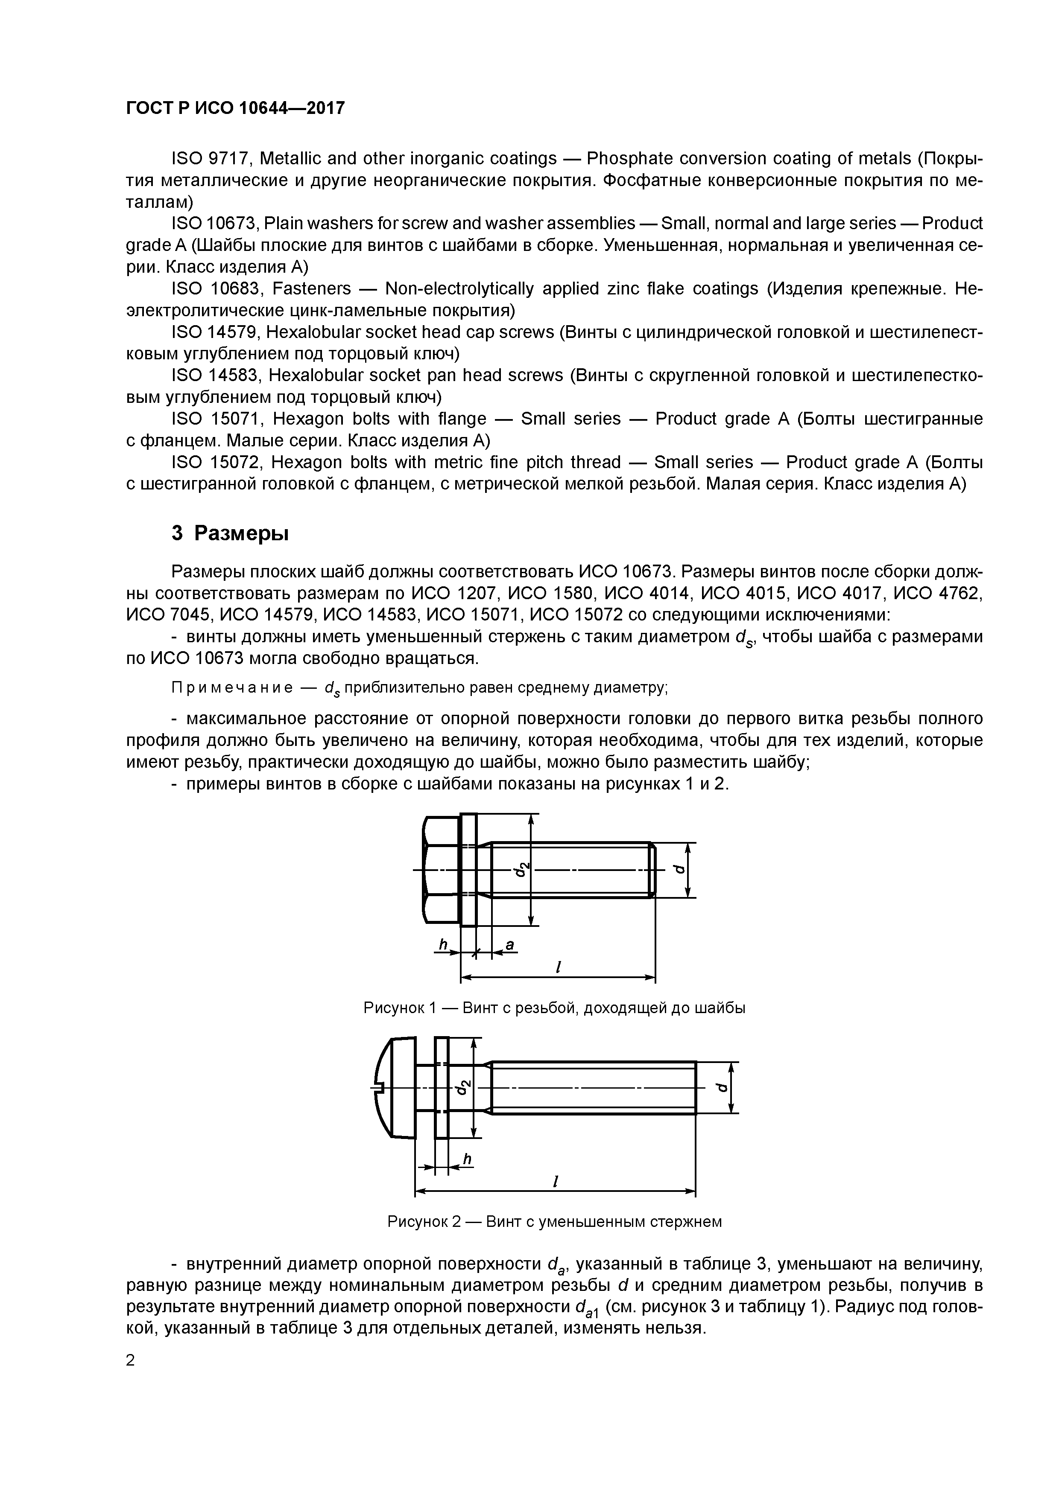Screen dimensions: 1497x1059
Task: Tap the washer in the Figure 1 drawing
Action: (468, 870)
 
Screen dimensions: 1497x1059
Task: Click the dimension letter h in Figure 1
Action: (443, 944)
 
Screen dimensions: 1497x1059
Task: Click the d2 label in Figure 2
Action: (463, 1087)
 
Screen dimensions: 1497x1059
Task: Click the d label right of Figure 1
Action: (680, 870)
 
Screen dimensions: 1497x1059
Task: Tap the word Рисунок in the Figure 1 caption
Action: (393, 1008)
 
